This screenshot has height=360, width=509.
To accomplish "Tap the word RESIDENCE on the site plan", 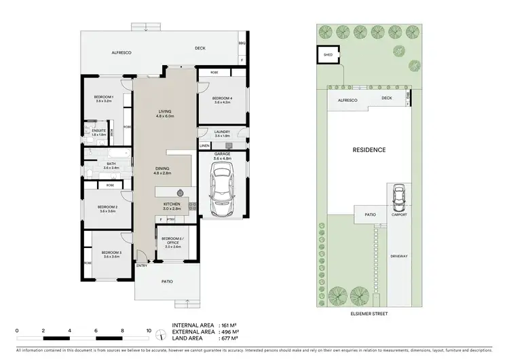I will tap(369, 150).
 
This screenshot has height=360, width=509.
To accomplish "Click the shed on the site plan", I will tap(328, 56).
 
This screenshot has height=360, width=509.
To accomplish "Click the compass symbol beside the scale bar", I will tap(160, 334).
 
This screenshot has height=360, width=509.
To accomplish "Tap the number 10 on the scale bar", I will tap(149, 330).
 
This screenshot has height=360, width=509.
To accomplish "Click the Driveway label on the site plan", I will tap(398, 256).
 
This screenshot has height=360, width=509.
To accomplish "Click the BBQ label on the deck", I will tap(242, 43).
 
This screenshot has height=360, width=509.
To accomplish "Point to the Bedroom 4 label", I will tap(223, 99).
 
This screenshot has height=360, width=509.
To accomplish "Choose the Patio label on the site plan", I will tap(370, 215).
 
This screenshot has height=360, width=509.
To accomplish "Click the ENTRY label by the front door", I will tap(142, 266).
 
